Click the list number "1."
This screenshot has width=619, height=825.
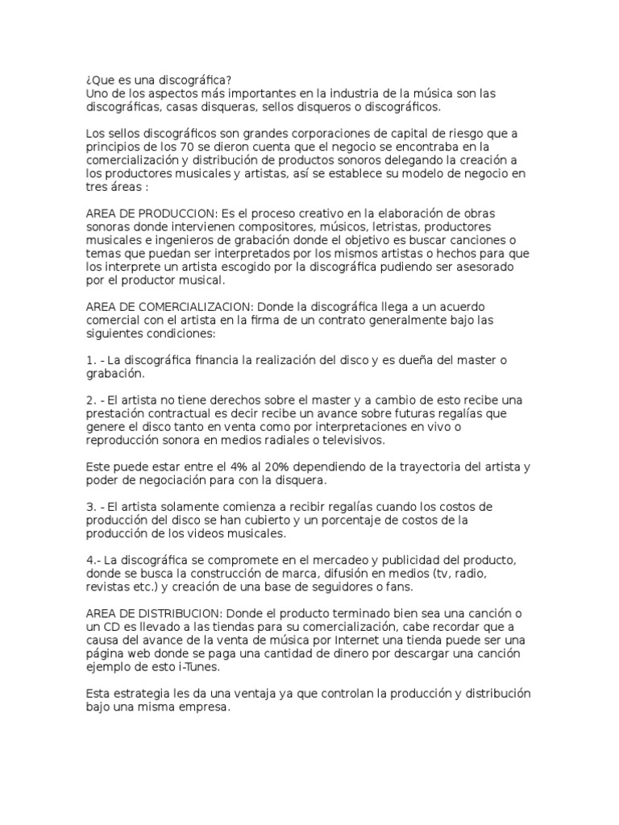point(89,359)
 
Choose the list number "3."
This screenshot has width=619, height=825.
point(89,507)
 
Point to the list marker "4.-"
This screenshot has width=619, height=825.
point(93,560)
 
